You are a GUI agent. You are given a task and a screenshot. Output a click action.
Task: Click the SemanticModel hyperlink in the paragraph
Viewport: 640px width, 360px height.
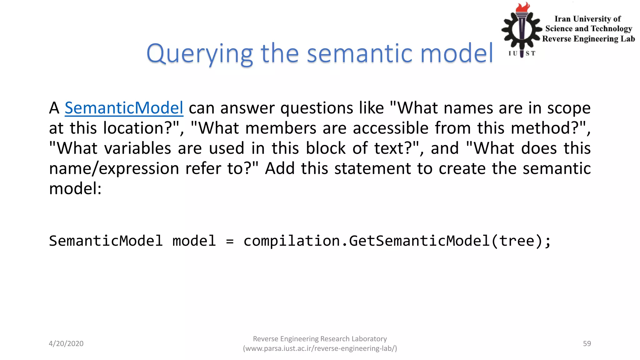(x=124, y=108)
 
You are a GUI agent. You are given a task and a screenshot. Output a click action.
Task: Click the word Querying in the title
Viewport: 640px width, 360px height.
(x=199, y=54)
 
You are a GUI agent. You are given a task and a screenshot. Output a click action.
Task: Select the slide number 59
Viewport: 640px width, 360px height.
(x=587, y=343)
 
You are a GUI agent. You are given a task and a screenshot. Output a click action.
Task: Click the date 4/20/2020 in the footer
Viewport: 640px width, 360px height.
(x=66, y=343)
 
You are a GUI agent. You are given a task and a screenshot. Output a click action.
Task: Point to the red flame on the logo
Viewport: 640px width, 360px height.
(x=522, y=7)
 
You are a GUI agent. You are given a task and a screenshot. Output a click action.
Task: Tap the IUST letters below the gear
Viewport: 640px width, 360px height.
(x=522, y=53)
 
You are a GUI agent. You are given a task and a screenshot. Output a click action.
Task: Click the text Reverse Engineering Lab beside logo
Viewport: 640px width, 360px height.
(x=588, y=39)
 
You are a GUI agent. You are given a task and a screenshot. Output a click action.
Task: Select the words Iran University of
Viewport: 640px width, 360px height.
(x=587, y=19)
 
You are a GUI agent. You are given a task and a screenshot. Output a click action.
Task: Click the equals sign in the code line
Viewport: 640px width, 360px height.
(x=230, y=241)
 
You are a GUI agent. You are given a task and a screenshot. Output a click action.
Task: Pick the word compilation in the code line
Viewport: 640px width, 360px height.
(x=291, y=241)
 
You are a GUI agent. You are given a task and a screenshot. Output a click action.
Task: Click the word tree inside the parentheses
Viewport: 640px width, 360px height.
(x=517, y=241)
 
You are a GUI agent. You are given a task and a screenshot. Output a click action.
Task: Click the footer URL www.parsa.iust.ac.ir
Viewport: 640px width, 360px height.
(x=320, y=348)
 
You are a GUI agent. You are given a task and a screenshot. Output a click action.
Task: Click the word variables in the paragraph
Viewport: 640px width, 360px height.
(x=137, y=148)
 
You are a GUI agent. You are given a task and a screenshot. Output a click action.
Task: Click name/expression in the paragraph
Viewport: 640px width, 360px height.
(x=114, y=169)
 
